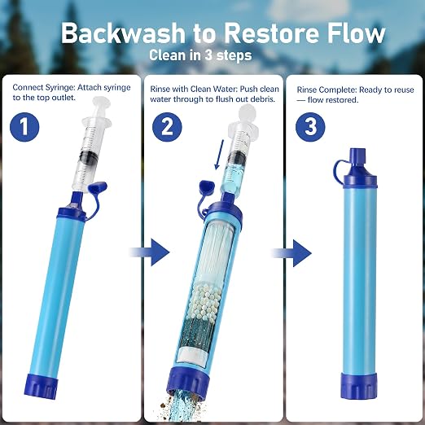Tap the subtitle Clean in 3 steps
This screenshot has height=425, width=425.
pos(200,55)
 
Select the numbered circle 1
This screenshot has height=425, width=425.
pos(24,127)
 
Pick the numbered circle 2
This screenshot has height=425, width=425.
pos(167,127)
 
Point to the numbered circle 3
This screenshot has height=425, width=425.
pos(310,127)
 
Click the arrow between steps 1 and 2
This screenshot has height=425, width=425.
pos(150,252)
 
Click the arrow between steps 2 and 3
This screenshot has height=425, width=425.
pos(292,253)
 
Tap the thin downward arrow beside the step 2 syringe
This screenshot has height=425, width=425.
pos(219,154)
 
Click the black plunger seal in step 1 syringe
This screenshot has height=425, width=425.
pos(89,158)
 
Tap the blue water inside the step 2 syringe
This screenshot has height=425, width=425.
pos(231,174)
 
